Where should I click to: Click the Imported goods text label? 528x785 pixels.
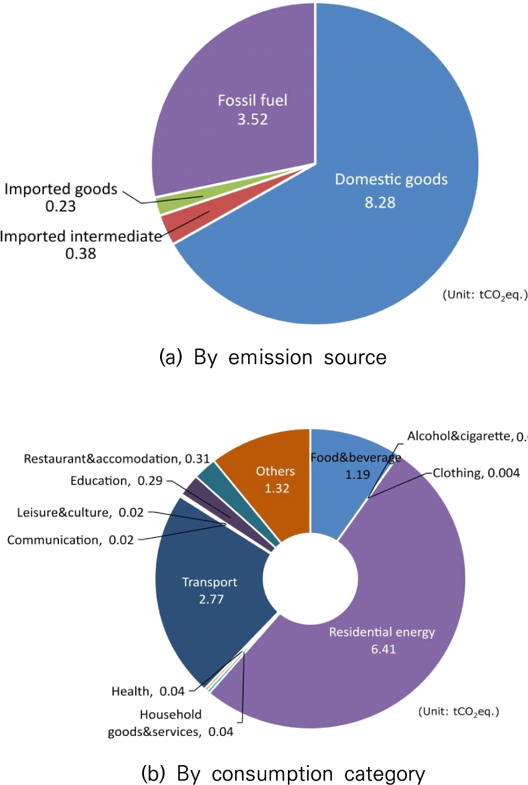coord(61,189)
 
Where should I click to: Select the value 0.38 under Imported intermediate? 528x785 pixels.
coord(81,253)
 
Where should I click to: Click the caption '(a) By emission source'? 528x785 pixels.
coord(273,357)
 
